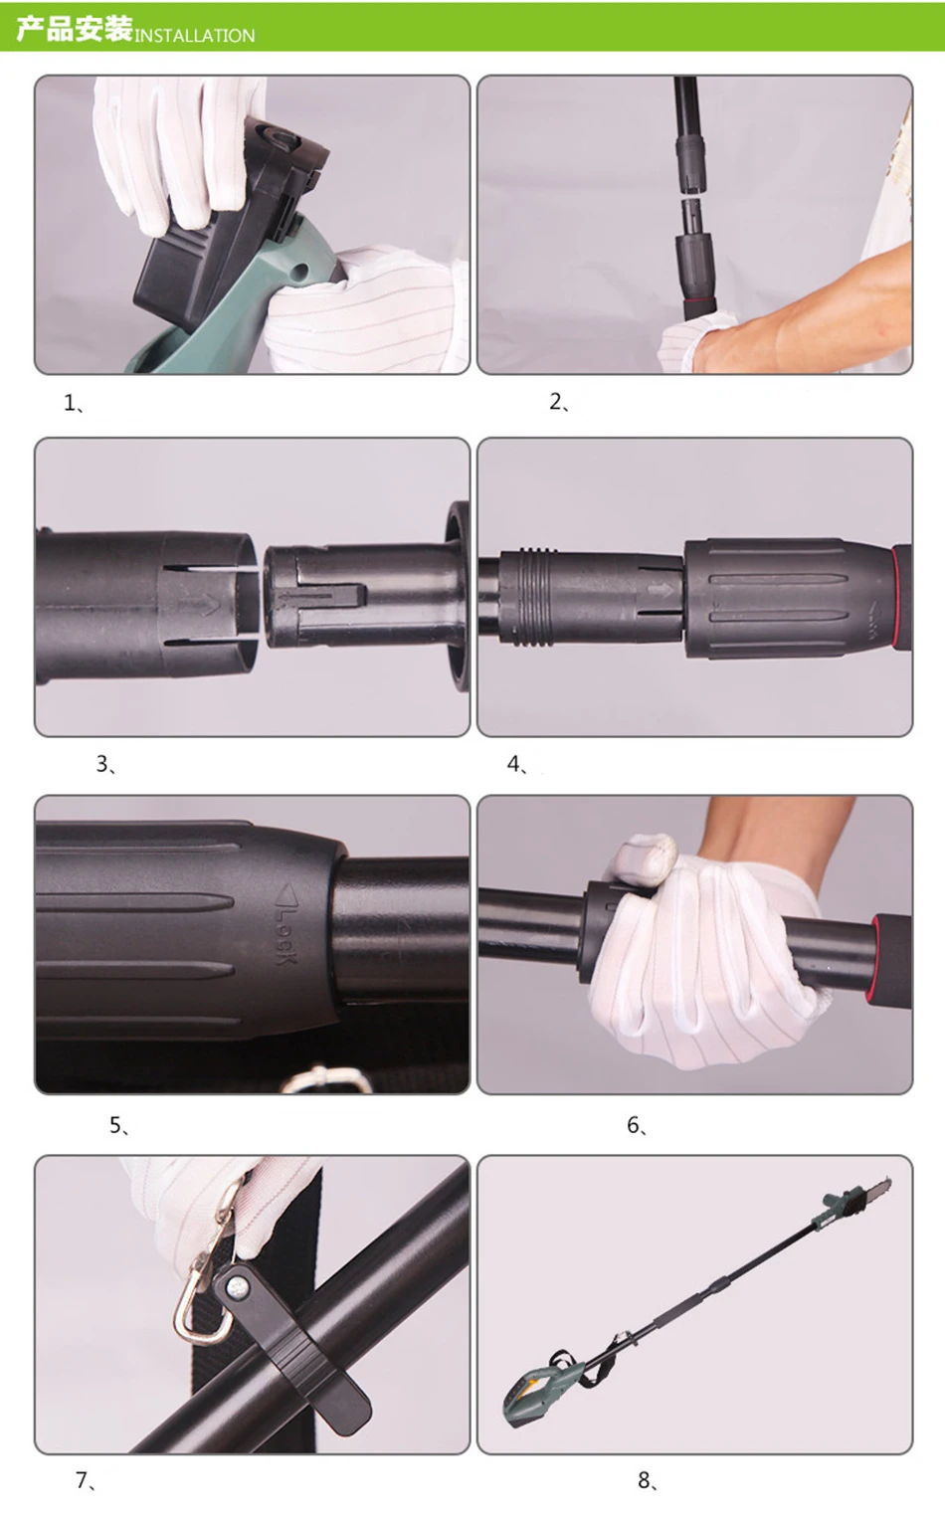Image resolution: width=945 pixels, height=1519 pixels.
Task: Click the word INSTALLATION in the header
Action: click(x=195, y=36)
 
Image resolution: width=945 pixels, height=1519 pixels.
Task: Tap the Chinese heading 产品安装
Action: click(x=74, y=30)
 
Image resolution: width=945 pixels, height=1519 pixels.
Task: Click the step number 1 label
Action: click(x=74, y=404)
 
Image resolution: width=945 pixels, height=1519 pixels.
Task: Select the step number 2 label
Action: click(x=559, y=402)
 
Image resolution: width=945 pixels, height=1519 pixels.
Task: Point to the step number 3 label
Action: click(x=105, y=765)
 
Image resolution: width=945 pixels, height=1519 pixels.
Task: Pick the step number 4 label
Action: click(x=517, y=765)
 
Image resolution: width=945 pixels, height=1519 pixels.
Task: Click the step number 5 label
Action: click(x=119, y=1126)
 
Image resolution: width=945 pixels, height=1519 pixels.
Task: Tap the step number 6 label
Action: click(x=638, y=1126)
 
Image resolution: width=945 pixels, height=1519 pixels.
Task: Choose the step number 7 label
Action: click(x=86, y=1480)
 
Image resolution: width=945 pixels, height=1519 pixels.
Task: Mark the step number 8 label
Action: click(x=649, y=1480)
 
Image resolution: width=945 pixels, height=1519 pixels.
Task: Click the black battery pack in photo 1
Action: click(x=224, y=224)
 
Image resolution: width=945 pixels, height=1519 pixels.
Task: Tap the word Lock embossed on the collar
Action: click(x=284, y=934)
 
